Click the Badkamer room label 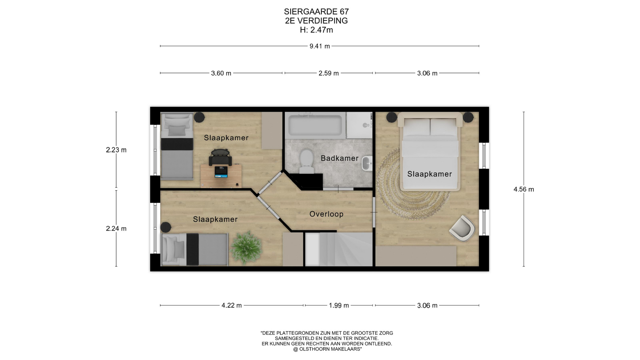coord(339,158)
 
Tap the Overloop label coord(326,214)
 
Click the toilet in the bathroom coord(306,161)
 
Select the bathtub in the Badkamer coord(315,125)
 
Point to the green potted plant coord(246,247)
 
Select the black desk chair coord(220,157)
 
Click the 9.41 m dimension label coord(320,46)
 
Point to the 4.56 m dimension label coord(524,189)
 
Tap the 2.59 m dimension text coord(329,73)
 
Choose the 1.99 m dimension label coord(339,306)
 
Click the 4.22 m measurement coord(232,306)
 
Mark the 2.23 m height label coord(116,150)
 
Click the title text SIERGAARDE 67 coord(316,12)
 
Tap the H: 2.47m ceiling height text coord(316,30)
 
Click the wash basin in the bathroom coord(367,163)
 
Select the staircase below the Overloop coord(339,249)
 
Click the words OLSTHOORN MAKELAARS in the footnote coord(330,349)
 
